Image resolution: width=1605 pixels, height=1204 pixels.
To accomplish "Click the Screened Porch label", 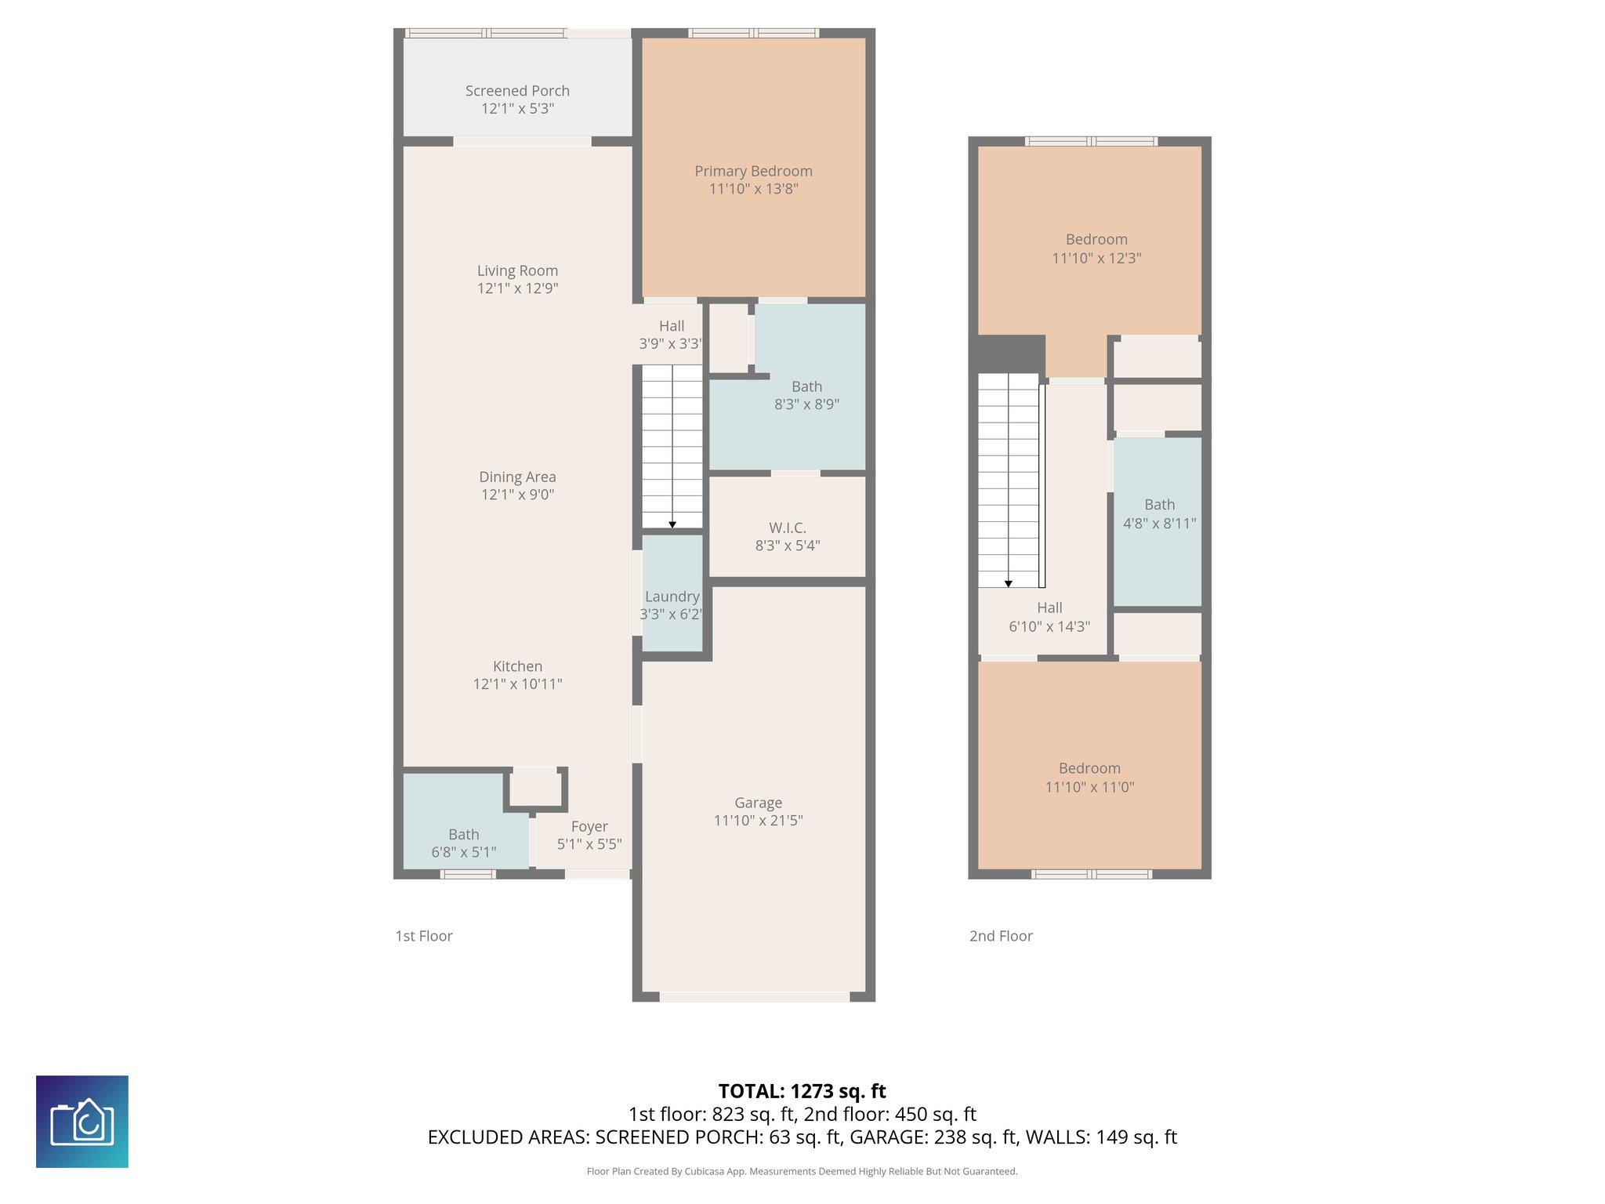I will coord(517,91).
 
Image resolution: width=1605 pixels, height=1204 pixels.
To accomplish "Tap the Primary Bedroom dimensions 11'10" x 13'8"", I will coord(753,189).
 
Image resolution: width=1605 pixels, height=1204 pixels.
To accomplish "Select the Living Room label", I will coord(517,270).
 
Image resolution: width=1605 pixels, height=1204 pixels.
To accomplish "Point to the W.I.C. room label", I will coord(787,528).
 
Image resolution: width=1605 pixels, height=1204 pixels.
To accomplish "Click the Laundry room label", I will coord(672,597).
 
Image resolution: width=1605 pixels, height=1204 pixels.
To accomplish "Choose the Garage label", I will coord(758,803).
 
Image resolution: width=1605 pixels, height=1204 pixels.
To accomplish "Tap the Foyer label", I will coord(589,826).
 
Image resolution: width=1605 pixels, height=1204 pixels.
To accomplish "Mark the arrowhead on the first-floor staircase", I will coord(672,524).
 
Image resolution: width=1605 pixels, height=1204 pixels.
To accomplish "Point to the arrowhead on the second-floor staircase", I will coord(1009,583).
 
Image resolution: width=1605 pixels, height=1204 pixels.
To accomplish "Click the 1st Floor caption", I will coord(424,936).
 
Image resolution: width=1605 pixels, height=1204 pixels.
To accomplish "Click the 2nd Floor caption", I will coord(1001,936).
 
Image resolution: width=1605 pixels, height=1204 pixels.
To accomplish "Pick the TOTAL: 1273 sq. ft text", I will coord(802,1091).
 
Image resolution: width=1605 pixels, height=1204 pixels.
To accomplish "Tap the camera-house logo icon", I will coord(82,1122).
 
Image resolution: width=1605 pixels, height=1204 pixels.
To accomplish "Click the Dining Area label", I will coord(517,477).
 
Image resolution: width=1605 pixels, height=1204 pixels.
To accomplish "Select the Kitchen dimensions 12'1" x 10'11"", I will coord(517,684).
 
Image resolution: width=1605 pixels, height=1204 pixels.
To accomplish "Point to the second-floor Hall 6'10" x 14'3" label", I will coord(1049,617).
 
